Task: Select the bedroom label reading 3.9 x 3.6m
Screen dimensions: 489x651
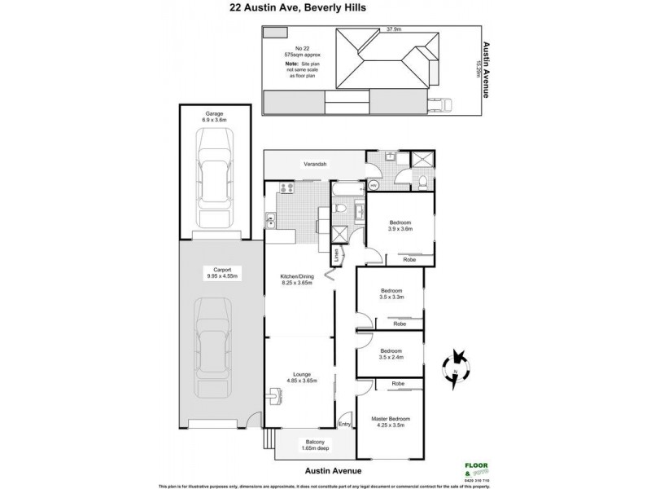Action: coord(400,227)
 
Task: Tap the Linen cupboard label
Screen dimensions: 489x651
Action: coord(335,256)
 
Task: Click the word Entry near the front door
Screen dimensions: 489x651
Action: coord(344,424)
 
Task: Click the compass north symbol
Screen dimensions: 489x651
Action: coord(455,364)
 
